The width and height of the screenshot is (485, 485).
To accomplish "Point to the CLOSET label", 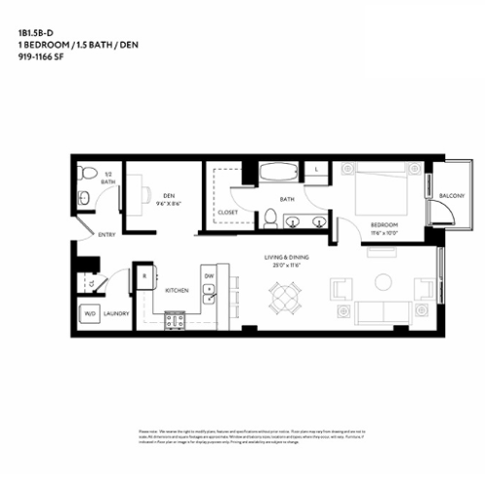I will tap(228, 210).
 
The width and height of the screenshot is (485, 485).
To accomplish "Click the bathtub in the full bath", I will tap(280, 175).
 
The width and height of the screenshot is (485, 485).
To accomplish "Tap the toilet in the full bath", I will tap(271, 218).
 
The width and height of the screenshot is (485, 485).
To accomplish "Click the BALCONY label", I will tap(451, 196).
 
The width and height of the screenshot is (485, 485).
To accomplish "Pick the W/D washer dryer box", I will tap(89, 313).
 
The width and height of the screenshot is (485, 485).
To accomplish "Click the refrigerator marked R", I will tap(144, 275).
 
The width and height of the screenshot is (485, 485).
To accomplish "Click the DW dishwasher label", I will tap(209, 275).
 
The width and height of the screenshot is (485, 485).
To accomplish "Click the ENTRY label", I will tap(107, 236).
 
